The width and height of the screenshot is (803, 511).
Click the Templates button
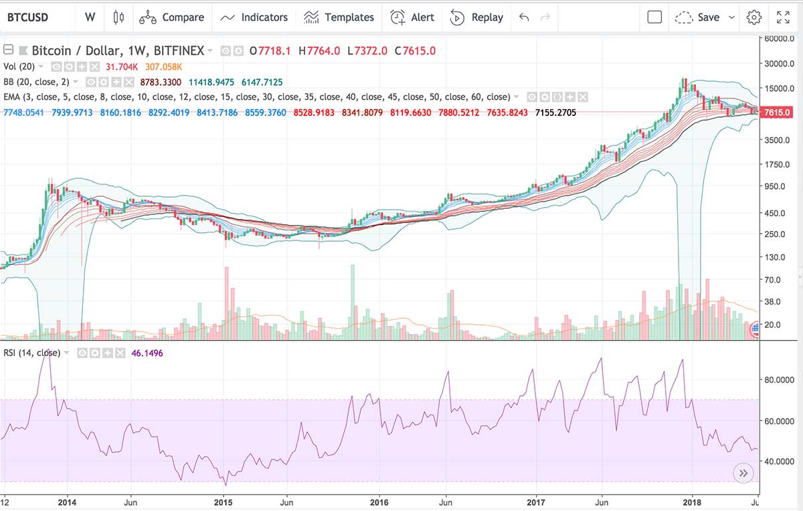339,17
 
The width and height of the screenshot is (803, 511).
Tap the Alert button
412,17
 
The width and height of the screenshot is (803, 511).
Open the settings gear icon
754,17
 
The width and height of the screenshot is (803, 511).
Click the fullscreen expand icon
783,17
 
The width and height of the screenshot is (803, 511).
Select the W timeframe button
90,17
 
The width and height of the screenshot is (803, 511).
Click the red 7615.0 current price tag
778,113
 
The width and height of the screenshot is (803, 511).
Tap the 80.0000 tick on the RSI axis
779,380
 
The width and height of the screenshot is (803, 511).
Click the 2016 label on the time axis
379,502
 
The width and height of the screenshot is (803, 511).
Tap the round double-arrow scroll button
743,473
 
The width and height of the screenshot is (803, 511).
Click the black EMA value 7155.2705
555,113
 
